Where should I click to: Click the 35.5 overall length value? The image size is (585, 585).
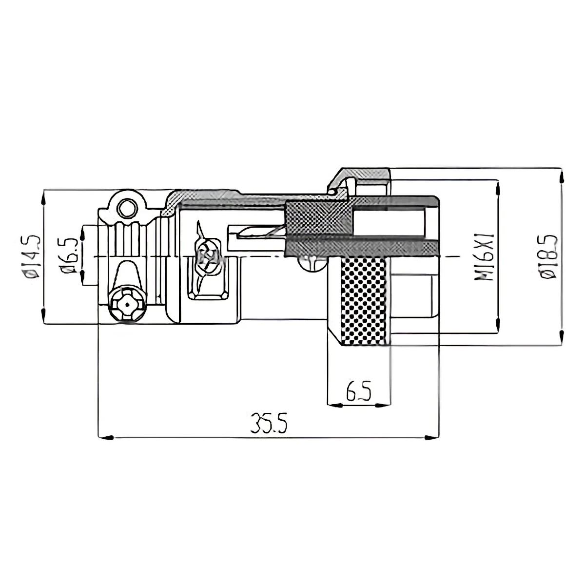[x=269, y=423]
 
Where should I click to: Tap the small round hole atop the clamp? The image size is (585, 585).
[x=128, y=208]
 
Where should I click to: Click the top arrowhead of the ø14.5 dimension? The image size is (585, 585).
[x=44, y=197]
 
